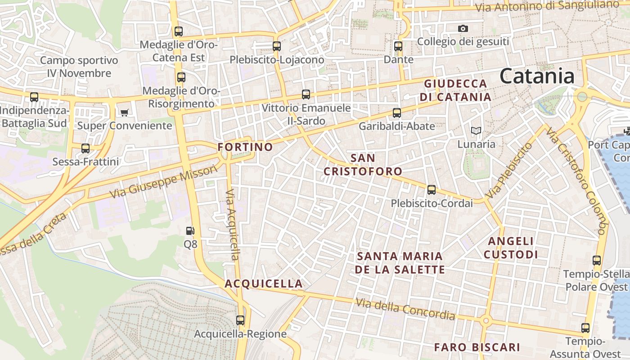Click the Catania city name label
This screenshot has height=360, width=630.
pos(537,76)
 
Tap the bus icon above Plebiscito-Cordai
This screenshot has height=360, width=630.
pos(432,190)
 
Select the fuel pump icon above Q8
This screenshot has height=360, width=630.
pos(190,231)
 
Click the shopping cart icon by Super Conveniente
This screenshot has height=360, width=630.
pos(124,112)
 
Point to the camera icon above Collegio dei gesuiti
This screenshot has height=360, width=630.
pos(463,29)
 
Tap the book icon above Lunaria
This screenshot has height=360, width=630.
pos(476,131)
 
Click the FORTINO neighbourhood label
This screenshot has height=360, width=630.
pos(245,147)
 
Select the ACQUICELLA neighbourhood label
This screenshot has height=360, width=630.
pos(264,284)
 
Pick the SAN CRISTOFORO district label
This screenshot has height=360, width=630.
pos(363,165)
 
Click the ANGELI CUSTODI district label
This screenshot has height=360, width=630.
pos(511,248)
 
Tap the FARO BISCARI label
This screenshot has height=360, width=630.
pos(477,347)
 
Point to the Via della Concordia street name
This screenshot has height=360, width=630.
pos(405,309)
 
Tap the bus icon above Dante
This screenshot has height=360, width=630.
pos(398,46)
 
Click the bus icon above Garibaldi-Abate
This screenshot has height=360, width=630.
pos(397,113)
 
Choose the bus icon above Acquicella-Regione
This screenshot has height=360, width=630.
pos(240,320)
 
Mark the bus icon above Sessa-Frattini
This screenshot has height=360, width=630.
pos(85,148)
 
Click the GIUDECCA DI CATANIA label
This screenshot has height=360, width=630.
pos(455,90)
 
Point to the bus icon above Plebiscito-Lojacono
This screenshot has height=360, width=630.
pos(277,46)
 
